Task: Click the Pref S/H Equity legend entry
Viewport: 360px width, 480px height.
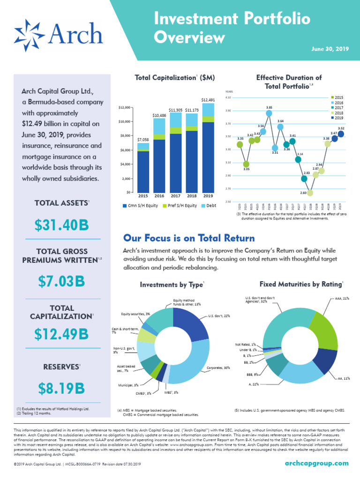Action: pyautogui.click(x=180, y=205)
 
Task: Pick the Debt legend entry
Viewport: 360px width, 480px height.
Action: pyautogui.click(x=209, y=205)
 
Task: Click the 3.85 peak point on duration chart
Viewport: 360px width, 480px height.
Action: pyautogui.click(x=269, y=113)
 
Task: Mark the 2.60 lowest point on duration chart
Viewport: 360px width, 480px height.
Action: pyautogui.click(x=310, y=193)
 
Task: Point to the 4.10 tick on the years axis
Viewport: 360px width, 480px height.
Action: pyautogui.click(x=228, y=97)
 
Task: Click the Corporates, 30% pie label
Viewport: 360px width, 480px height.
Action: pyautogui.click(x=218, y=368)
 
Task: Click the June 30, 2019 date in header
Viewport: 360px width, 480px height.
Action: pyautogui.click(x=330, y=49)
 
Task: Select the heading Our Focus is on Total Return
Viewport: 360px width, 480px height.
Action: pyautogui.click(x=188, y=238)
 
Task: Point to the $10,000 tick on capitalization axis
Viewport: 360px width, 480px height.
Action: pyautogui.click(x=124, y=122)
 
